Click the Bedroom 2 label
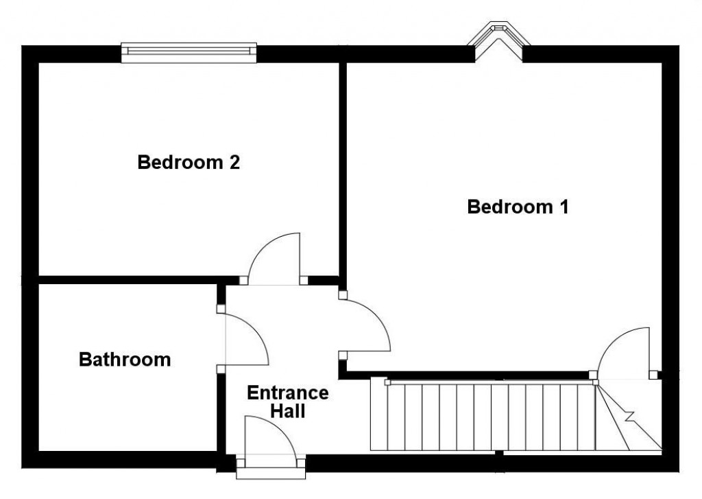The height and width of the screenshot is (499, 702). pos(189,163)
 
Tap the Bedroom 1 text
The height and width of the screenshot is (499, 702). pos(518,207)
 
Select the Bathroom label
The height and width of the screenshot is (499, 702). pos(125,359)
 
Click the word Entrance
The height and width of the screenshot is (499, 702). pos(287,393)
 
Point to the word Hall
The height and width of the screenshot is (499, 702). pos(287,411)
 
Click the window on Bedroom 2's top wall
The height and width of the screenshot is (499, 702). pos(189,53)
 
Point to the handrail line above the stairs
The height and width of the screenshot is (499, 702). pos(490,382)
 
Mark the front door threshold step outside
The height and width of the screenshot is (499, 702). pos(271,473)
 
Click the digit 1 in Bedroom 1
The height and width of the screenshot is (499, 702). pos(564,207)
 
